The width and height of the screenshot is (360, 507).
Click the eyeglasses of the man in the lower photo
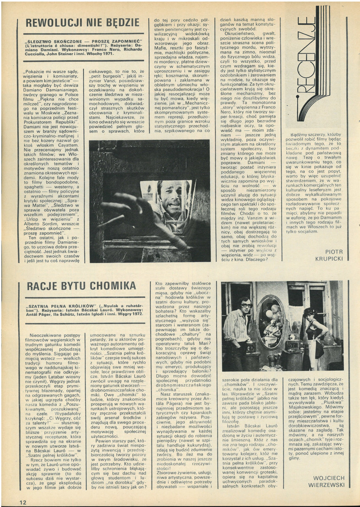(x=246, y=305)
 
